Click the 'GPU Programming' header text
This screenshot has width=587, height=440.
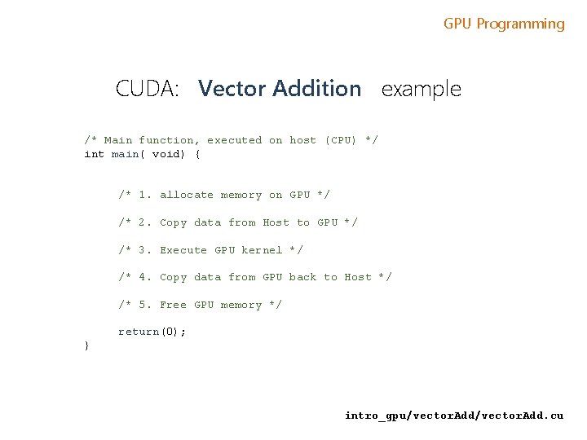point(504,24)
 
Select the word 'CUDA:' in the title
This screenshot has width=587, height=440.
point(148,89)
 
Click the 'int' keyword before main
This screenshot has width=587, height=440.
point(95,154)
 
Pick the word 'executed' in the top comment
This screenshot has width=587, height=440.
point(234,140)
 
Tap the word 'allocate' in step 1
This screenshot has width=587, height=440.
point(187,195)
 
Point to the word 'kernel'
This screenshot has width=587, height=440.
point(262,250)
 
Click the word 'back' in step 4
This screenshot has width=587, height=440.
point(302,277)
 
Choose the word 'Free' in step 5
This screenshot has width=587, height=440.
point(173,305)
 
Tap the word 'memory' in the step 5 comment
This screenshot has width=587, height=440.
point(241,305)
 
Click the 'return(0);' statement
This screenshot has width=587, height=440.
point(152,332)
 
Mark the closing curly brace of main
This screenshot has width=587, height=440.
point(87,346)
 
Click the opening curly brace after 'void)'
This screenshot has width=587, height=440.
point(197,154)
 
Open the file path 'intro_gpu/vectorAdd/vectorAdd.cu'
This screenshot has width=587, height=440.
point(453,416)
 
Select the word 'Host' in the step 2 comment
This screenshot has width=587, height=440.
point(276,222)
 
